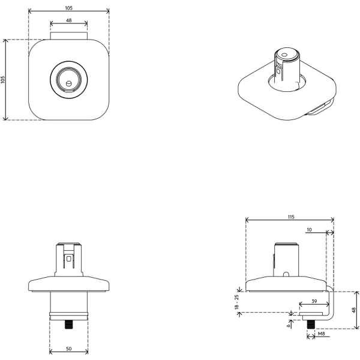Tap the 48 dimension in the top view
pos(68,21)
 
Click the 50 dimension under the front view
pos(68,348)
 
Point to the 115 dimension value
pos(290,217)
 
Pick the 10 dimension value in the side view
pos(309,229)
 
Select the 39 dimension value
pos(315,301)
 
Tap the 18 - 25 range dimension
pos(238,302)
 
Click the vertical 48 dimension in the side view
pos(354,310)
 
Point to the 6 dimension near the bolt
pos(290,324)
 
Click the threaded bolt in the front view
pos(68,325)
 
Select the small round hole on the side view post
pos(287,275)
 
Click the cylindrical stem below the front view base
pos(68,303)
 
